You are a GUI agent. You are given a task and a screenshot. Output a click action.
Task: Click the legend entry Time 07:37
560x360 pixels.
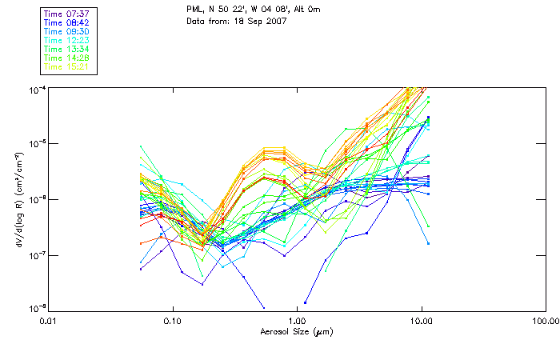[x=67, y=14]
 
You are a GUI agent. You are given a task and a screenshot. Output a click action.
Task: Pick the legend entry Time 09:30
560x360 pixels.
[x=67, y=31]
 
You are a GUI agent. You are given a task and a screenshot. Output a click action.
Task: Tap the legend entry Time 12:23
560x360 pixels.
[x=67, y=40]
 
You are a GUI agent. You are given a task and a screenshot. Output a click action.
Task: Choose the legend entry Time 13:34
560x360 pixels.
[x=67, y=49]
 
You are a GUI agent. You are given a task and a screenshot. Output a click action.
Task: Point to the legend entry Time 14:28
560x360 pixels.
[x=67, y=58]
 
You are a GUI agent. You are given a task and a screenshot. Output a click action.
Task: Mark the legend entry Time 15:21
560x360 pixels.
[x=67, y=66]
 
